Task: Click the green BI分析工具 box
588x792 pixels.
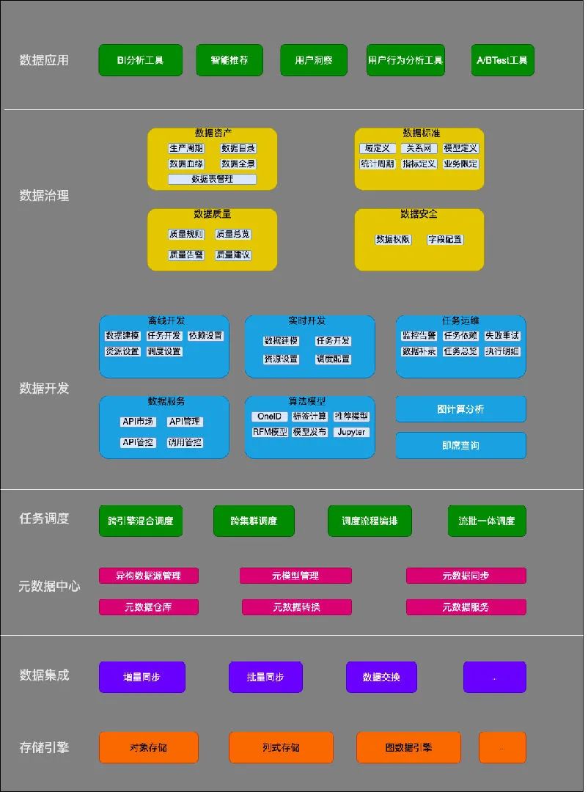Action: pos(140,60)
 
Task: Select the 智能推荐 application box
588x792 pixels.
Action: pos(229,60)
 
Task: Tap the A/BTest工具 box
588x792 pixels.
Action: pos(502,60)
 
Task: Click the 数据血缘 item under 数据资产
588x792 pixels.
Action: pos(186,164)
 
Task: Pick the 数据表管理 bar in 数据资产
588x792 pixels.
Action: pos(213,180)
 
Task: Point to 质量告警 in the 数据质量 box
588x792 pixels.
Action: pos(186,255)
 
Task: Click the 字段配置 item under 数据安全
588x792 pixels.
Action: pos(445,240)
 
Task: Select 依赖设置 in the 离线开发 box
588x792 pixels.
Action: pos(206,336)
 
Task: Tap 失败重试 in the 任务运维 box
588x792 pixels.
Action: pos(502,336)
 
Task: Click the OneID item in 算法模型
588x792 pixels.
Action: pos(269,417)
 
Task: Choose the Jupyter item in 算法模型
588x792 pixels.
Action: pos(351,433)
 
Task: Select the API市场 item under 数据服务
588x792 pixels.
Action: pos(138,422)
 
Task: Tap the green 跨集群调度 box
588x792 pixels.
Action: pos(254,521)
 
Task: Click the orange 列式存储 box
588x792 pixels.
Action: pos(281,747)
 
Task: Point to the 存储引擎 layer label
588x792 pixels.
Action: pos(44,747)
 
